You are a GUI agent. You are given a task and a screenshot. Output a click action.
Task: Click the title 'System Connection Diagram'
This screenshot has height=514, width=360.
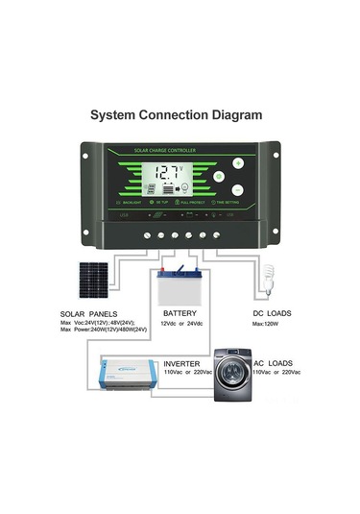click(176, 114)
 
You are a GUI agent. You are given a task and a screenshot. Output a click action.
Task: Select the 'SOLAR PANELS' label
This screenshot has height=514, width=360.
click(89, 314)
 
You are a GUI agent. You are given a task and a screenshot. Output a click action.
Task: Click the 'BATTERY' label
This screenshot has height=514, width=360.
click(180, 313)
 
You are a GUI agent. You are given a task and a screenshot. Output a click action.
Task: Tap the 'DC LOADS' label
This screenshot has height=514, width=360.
click(273, 313)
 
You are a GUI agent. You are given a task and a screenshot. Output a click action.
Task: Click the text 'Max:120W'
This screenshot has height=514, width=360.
click(266, 324)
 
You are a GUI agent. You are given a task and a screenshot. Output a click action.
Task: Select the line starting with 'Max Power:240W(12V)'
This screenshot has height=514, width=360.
click(102, 330)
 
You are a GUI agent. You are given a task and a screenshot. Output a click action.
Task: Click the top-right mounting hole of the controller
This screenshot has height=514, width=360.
click(274, 150)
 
